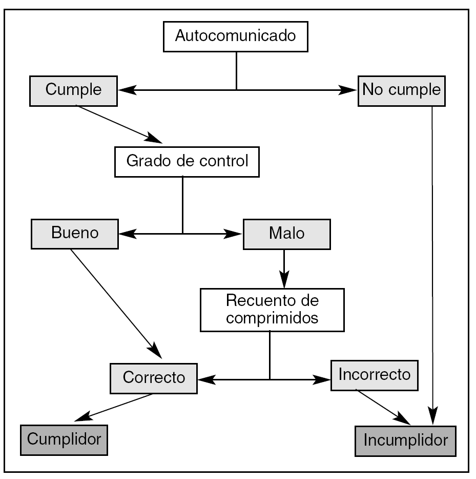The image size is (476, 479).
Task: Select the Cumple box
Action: click(x=73, y=90)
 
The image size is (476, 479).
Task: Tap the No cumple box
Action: click(x=401, y=91)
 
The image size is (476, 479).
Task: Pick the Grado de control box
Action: click(x=187, y=162)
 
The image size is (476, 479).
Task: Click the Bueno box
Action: click(x=74, y=234)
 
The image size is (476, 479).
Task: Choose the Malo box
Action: click(x=286, y=234)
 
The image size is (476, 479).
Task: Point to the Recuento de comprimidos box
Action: click(x=272, y=310)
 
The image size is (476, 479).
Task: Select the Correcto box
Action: click(x=154, y=378)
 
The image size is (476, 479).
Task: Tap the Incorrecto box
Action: click(x=375, y=375)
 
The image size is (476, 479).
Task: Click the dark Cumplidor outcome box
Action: click(x=64, y=439)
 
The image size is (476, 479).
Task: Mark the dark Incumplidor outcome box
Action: click(x=405, y=440)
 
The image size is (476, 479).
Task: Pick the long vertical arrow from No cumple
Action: click(x=433, y=257)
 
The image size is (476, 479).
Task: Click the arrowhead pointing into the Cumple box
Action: click(x=127, y=90)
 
